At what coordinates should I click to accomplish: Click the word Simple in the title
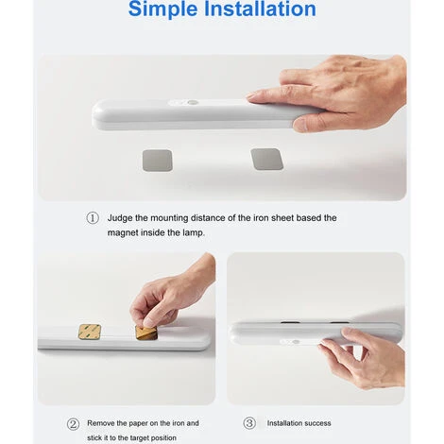click(163, 9)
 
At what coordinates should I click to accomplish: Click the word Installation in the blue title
click(260, 9)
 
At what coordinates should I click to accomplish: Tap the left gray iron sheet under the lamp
click(158, 161)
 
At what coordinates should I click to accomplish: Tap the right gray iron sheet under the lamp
click(267, 159)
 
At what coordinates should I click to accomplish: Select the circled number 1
click(93, 218)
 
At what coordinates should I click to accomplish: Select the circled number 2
click(73, 424)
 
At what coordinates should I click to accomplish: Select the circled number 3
click(249, 423)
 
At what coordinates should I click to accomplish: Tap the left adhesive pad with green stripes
click(90, 332)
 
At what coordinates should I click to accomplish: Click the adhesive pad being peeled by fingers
click(146, 333)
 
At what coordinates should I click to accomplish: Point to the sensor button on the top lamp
click(193, 103)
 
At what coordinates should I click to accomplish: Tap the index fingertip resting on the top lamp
click(253, 96)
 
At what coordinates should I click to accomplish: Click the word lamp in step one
click(194, 233)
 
